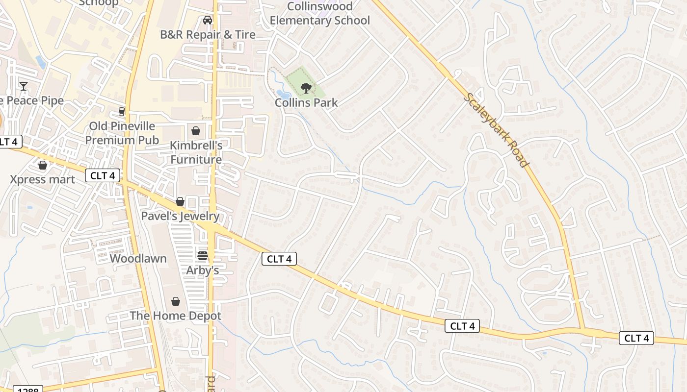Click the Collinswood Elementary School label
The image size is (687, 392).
click(319, 14)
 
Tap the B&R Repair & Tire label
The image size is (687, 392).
click(208, 35)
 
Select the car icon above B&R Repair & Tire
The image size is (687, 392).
click(208, 20)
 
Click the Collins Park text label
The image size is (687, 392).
click(306, 103)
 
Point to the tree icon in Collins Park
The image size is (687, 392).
click(306, 88)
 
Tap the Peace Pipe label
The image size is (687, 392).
click(32, 101)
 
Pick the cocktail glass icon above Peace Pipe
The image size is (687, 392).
click(23, 86)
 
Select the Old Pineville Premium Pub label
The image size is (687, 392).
click(122, 133)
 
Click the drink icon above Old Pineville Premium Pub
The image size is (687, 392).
click(122, 112)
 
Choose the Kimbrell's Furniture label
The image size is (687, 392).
click(196, 152)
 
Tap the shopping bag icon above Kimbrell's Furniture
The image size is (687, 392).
click(196, 131)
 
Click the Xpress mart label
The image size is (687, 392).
click(43, 179)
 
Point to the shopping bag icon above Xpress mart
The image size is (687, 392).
click(43, 165)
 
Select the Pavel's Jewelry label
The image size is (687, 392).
click(180, 216)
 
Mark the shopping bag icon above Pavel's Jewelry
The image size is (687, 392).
click(180, 201)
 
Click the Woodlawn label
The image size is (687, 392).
click(138, 259)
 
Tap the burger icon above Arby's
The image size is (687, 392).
click(202, 255)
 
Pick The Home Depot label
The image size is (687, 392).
click(175, 316)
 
